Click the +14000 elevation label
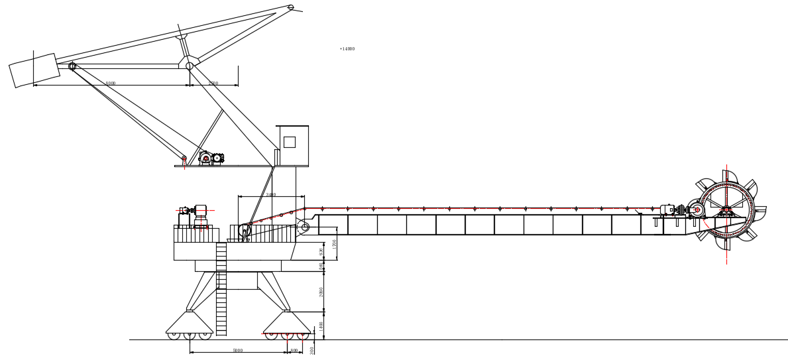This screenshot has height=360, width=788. point(347,49)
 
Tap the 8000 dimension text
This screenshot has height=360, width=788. point(111,84)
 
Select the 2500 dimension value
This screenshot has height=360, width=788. point(213,84)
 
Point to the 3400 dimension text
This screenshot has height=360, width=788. point(271,195)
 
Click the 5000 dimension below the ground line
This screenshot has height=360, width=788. point(238,351)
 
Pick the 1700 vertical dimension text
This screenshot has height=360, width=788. point(335,244)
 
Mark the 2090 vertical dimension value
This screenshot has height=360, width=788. point(322,292)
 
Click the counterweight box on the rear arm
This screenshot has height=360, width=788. point(34,70)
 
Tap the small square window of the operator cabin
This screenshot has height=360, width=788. point(290,142)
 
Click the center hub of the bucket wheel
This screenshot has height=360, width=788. point(726,210)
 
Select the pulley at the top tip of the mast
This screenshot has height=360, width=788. point(291,7)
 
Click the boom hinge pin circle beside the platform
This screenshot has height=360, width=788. point(305,227)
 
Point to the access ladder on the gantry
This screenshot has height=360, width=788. point(221,288)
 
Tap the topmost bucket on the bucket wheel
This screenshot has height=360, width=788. point(729,176)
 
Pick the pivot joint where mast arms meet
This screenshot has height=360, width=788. point(190,66)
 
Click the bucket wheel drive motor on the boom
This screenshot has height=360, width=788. point(667,210)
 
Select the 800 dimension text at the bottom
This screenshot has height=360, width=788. point(294,351)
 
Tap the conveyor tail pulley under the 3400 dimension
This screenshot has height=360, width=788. point(245,231)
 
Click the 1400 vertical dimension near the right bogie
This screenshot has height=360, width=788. point(322,326)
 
